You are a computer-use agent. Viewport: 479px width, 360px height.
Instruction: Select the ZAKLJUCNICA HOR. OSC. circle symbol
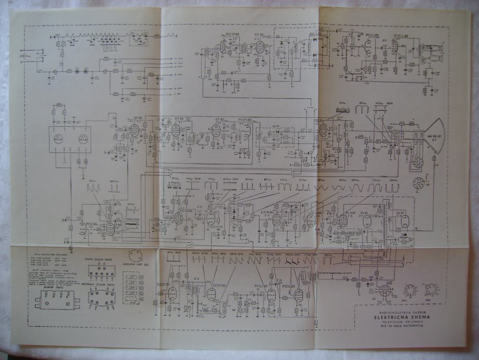tap(135, 256)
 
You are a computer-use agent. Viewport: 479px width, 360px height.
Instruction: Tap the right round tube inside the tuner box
tap(82, 139)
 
